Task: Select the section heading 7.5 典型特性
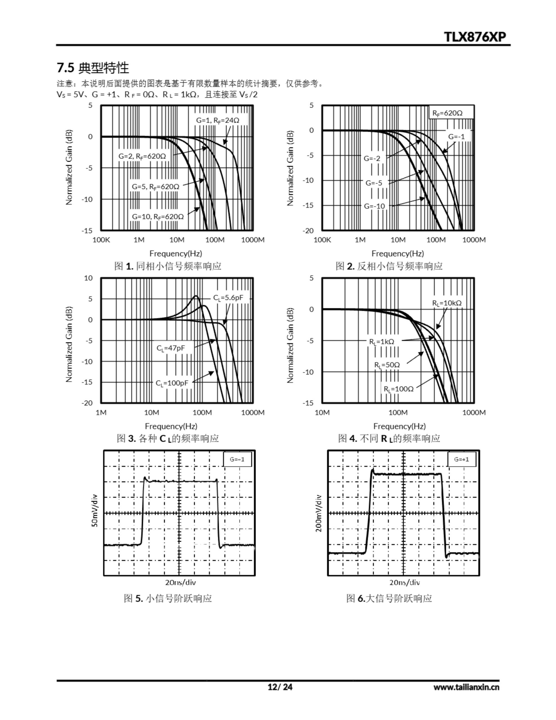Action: pyautogui.click(x=93, y=68)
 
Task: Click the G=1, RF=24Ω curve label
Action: pyautogui.click(x=218, y=121)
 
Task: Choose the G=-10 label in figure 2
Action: pyautogui.click(x=374, y=206)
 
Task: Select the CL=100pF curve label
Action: pyautogui.click(x=172, y=383)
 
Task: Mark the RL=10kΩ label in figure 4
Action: pyautogui.click(x=447, y=303)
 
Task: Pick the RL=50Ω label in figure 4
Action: pyautogui.click(x=387, y=365)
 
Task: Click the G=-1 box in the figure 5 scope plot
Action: pyautogui.click(x=237, y=459)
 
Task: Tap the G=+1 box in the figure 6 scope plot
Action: pyautogui.click(x=461, y=459)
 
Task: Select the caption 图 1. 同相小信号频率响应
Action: pyautogui.click(x=168, y=266)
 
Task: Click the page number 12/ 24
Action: pyautogui.click(x=280, y=687)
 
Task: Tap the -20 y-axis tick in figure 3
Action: pyautogui.click(x=87, y=403)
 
